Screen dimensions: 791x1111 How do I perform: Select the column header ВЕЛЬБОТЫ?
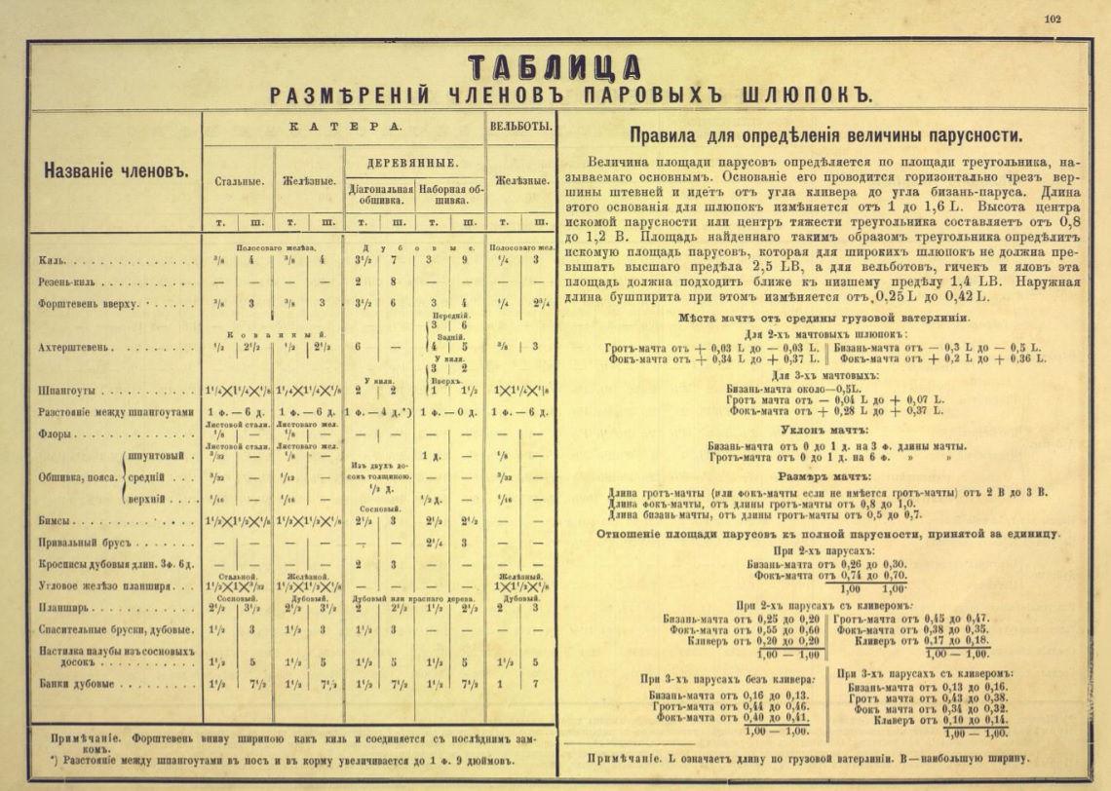520,127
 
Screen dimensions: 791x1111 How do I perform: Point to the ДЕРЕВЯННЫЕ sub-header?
412,161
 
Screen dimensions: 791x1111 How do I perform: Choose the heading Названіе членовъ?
114,170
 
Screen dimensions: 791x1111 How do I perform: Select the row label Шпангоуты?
67,391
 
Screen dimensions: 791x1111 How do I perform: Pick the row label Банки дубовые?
77,684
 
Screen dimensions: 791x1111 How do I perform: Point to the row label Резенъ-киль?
68,281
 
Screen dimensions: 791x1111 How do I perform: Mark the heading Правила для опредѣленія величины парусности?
825,136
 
